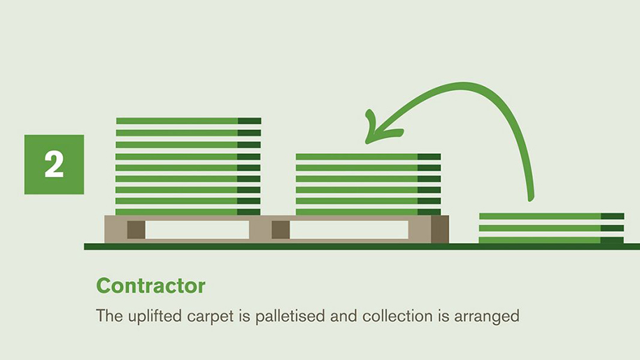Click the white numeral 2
point(54,164)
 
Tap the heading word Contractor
point(150,286)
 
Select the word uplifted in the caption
point(155,317)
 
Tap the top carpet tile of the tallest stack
point(189,121)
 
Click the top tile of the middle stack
point(368,157)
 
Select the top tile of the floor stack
point(551,216)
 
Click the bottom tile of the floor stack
point(551,240)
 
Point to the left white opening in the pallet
point(197,229)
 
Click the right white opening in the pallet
point(349,229)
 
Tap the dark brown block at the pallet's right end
point(440,229)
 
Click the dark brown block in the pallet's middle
point(280,229)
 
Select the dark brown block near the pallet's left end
point(136,229)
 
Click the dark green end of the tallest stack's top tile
point(250,121)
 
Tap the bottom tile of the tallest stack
point(187,212)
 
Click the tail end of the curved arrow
point(531,199)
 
